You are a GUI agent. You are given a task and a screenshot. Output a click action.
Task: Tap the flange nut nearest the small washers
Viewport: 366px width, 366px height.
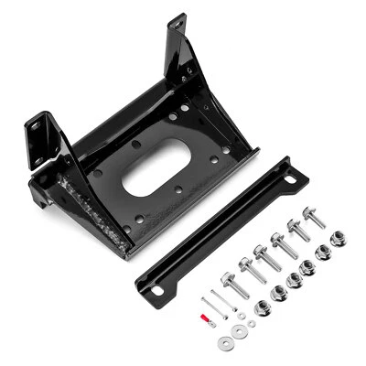tap(263, 307)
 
